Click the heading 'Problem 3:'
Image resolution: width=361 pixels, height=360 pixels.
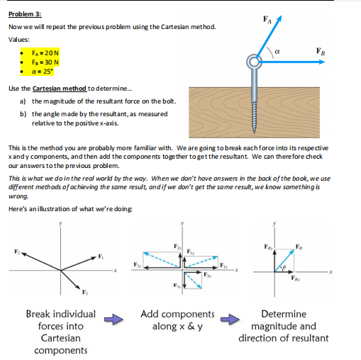pos(24,13)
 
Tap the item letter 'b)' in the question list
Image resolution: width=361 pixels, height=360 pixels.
pos(23,113)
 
